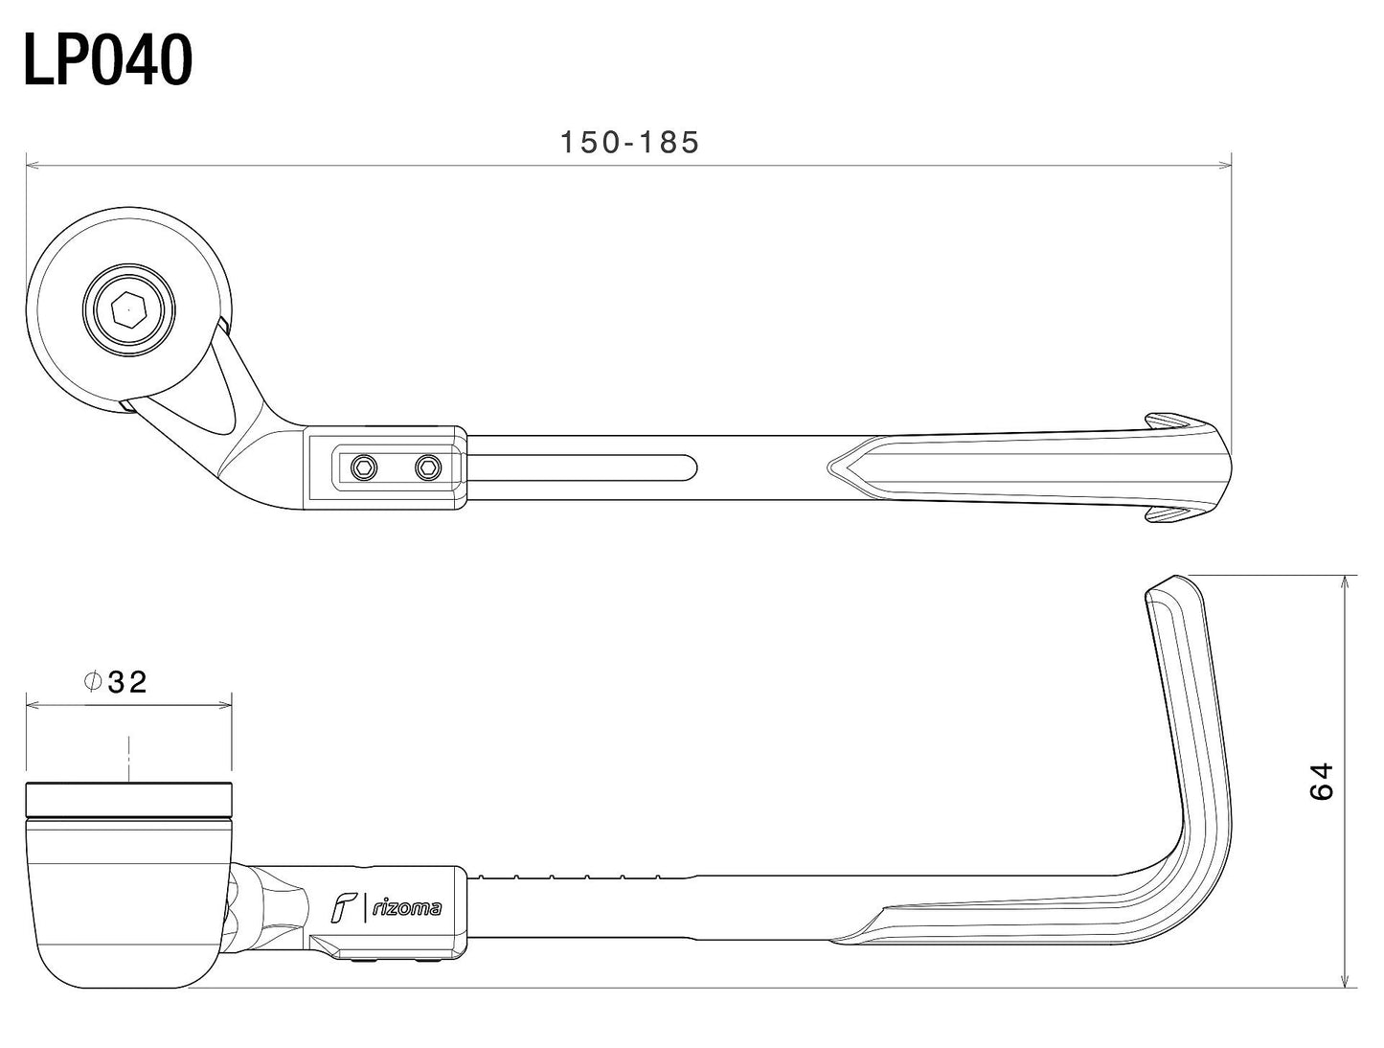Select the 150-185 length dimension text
(x=629, y=143)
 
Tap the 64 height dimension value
(x=1322, y=781)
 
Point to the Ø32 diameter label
(x=115, y=682)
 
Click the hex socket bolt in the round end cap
(x=128, y=311)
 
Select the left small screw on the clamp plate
(x=363, y=467)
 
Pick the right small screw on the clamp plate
(x=427, y=467)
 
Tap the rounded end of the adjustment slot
(x=688, y=467)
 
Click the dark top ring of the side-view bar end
(x=128, y=797)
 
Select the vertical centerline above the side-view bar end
(x=128, y=757)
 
